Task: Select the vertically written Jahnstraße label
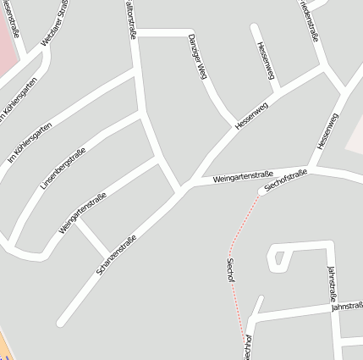tap(333, 285)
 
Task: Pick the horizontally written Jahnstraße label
tap(348, 306)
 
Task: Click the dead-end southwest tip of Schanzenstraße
tap(61, 322)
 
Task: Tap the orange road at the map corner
tap(3, 348)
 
